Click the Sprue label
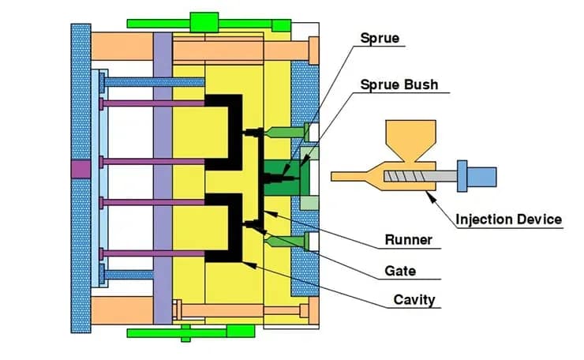point(380,38)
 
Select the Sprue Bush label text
point(399,84)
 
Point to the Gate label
point(400,271)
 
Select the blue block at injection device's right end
point(482,174)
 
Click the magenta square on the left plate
point(80,168)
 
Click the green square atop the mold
point(204,21)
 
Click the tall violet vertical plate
point(163,178)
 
